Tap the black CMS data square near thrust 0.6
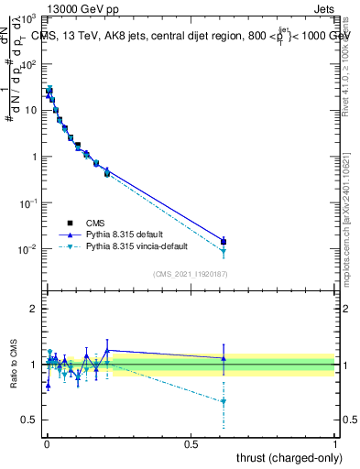(224, 242)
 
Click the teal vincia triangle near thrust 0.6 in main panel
(224, 251)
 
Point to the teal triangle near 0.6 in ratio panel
(224, 401)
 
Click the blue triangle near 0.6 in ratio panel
(224, 358)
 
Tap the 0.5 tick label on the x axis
(191, 444)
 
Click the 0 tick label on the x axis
(46, 444)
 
